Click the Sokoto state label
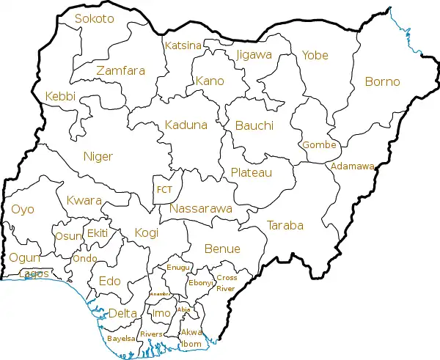(x=95, y=18)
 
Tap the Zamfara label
(x=120, y=71)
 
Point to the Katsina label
(x=183, y=45)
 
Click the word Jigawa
(x=254, y=54)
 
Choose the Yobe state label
(x=315, y=55)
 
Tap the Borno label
(x=382, y=81)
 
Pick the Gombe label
(x=319, y=144)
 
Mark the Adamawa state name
(x=353, y=166)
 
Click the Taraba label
(x=285, y=225)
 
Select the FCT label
(x=164, y=189)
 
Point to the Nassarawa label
(x=200, y=209)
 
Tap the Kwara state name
(x=83, y=200)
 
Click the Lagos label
(x=35, y=273)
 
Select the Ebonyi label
(x=200, y=282)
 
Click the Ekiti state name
(x=98, y=232)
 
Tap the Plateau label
(x=251, y=172)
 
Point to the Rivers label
(x=151, y=334)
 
